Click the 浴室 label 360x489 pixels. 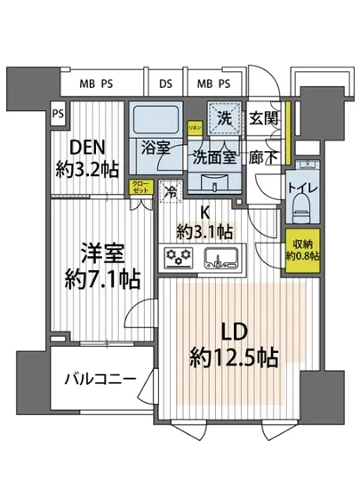coord(156,148)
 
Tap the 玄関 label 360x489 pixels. coord(263,119)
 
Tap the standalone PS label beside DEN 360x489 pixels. coord(57,113)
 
